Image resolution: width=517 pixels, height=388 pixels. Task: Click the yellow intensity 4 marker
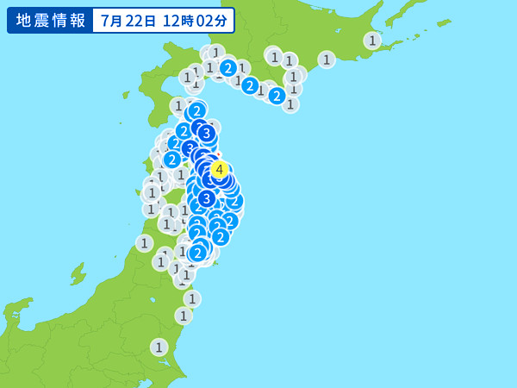point(220,169)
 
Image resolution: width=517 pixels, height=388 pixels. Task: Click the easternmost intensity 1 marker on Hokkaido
point(372,41)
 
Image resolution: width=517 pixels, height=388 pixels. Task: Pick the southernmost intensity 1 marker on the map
point(159,347)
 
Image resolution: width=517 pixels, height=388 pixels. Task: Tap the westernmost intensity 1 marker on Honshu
point(144,243)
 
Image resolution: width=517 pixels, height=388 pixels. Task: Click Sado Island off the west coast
point(78,274)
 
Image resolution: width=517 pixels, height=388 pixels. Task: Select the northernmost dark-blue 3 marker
point(206,133)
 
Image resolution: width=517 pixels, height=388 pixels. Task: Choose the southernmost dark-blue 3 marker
point(206,198)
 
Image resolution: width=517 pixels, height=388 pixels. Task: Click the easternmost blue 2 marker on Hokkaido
point(277,96)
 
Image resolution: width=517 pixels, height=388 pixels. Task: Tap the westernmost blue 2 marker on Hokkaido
point(227,67)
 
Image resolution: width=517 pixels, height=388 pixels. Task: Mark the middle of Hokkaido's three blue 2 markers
point(250,85)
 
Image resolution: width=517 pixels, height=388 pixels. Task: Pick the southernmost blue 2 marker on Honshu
point(198,253)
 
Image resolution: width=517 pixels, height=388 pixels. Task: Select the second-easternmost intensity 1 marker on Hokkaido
point(326,59)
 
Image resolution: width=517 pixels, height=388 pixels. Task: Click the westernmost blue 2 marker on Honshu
point(171,159)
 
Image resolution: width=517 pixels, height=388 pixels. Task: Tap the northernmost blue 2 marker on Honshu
point(196,110)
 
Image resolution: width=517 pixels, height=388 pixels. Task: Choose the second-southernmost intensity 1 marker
point(184,316)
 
